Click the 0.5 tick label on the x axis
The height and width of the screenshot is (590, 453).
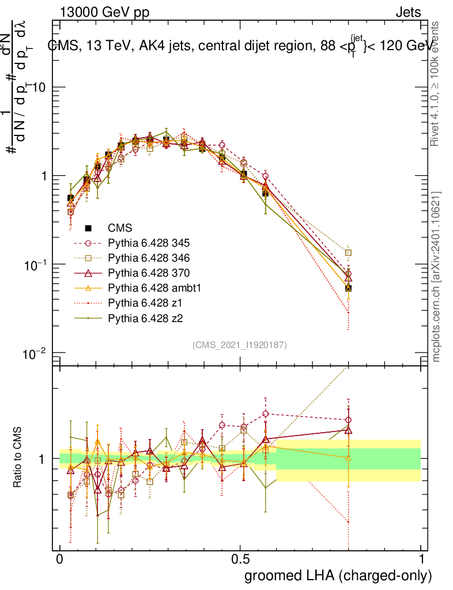[240, 559]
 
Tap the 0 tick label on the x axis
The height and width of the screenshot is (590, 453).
[60, 559]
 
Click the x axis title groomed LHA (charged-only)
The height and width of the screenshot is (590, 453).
[338, 576]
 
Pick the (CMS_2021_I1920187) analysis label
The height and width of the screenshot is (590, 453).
[240, 345]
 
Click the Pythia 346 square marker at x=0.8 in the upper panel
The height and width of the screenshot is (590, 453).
[348, 252]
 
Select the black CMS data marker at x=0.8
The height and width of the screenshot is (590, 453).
[348, 288]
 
